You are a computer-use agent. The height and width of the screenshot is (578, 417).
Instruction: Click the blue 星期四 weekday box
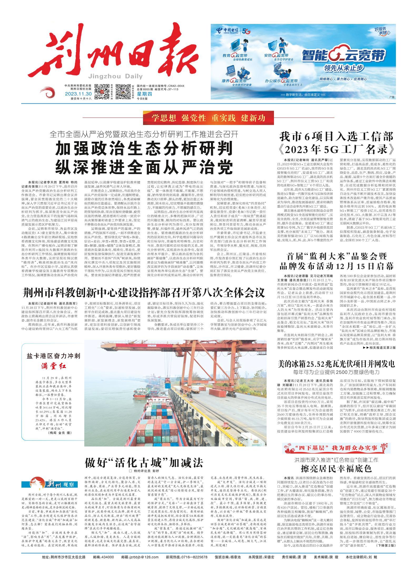click(x=143, y=94)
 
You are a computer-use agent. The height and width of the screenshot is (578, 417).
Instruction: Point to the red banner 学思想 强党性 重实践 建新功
click(x=208, y=118)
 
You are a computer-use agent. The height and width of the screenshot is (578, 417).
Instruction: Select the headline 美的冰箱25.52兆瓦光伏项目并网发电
click(x=336, y=364)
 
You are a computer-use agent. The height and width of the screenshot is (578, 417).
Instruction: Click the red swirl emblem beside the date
click(x=50, y=94)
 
